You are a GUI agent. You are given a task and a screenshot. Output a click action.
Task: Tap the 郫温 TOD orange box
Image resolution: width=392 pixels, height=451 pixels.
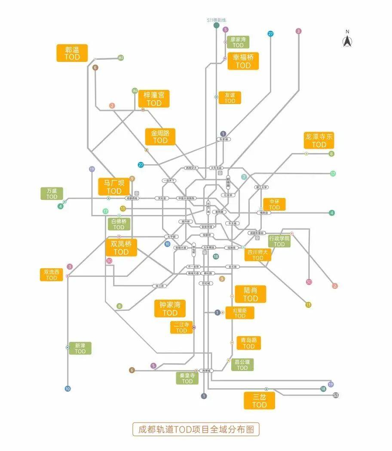point(72,53)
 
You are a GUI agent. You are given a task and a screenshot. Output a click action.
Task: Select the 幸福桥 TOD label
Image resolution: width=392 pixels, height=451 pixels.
point(243,61)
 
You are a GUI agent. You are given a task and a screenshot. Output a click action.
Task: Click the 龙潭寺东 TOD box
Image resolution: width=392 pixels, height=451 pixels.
point(319,140)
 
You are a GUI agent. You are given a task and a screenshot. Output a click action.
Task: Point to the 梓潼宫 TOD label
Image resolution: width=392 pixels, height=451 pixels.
point(154,99)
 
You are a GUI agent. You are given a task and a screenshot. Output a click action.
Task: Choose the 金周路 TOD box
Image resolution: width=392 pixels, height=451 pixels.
point(160,136)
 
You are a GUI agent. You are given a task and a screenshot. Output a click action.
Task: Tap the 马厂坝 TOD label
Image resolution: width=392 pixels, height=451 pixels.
point(114,187)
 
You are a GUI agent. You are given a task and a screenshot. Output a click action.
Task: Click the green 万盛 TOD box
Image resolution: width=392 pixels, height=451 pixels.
point(52,193)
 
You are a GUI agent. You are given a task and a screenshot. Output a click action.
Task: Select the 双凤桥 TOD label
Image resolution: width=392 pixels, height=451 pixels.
point(121,248)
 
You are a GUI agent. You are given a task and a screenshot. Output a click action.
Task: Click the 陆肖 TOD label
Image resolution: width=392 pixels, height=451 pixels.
point(251,294)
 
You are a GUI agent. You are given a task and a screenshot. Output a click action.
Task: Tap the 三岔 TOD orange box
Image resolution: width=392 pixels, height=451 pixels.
point(259,401)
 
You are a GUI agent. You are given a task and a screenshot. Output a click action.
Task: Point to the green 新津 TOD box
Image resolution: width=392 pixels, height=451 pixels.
point(80,348)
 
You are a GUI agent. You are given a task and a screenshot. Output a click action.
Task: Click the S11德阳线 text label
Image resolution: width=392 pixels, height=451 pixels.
point(216,20)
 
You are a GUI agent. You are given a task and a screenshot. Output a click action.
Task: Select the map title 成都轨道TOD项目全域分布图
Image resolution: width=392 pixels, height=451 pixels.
point(196,429)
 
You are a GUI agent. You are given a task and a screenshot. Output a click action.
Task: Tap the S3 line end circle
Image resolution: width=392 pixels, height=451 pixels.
point(336,395)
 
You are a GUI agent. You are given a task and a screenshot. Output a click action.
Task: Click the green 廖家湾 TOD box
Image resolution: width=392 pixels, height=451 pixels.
point(238,42)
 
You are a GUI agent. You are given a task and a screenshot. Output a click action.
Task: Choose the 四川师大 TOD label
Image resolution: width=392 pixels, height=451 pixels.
point(258,255)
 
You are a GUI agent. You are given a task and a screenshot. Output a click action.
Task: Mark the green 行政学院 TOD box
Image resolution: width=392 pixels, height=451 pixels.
point(279,241)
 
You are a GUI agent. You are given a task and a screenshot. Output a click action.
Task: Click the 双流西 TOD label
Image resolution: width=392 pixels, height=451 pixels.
point(52,275)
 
